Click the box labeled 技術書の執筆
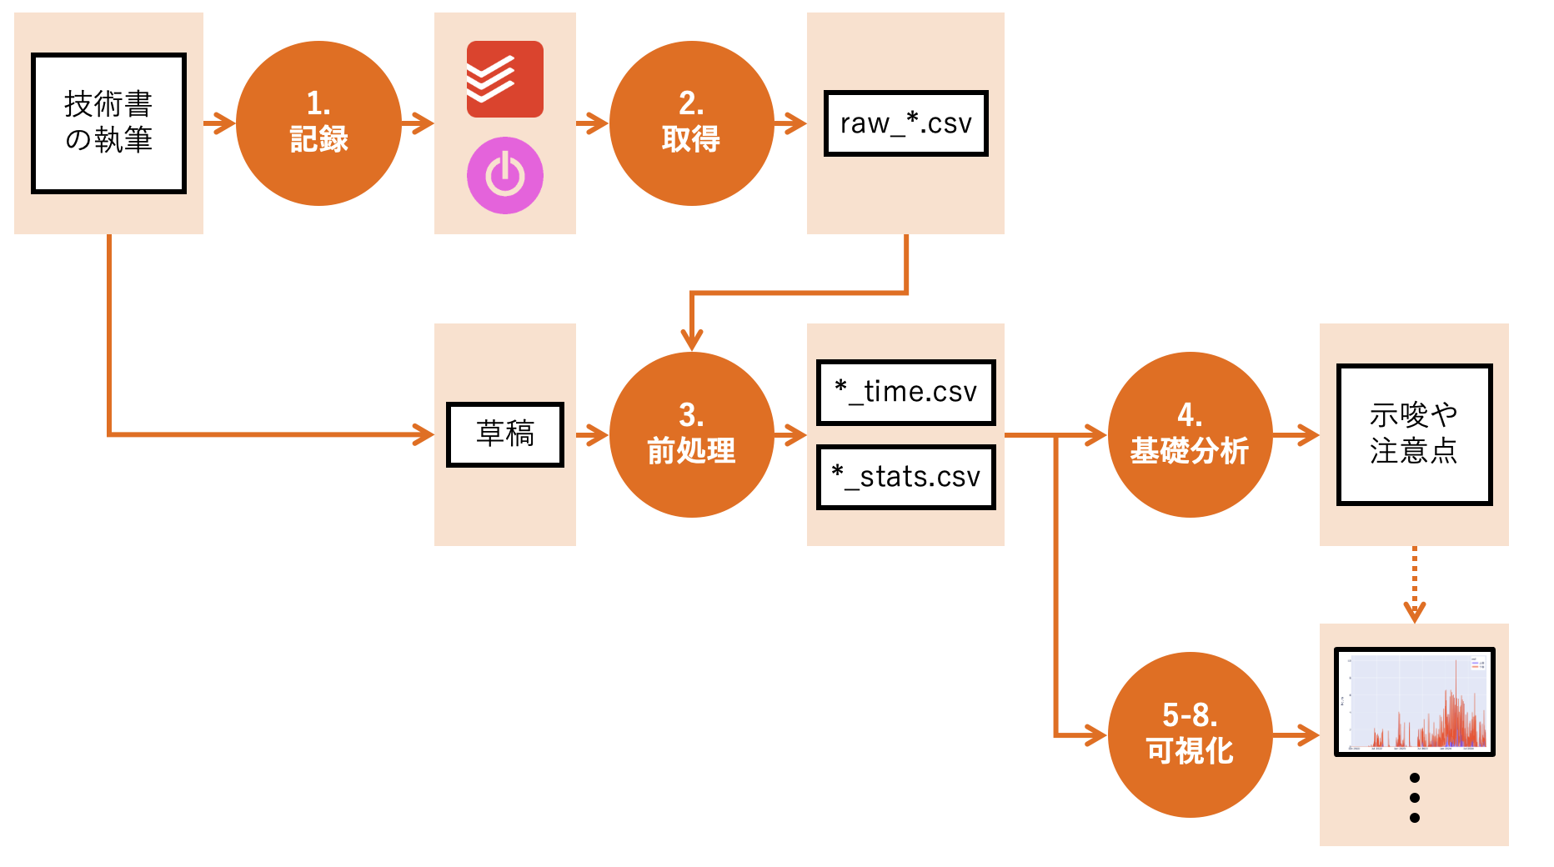[x=108, y=123]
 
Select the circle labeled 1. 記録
[x=318, y=123]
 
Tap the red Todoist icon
[x=504, y=79]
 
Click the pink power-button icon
[x=504, y=176]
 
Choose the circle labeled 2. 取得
[x=691, y=123]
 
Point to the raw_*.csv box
[x=905, y=123]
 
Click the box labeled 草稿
[x=504, y=434]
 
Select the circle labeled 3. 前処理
[x=691, y=434]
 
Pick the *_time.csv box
[x=905, y=392]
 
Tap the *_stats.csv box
[x=905, y=477]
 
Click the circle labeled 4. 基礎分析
[x=1190, y=434]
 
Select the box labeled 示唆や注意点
[x=1414, y=434]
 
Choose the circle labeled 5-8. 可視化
[x=1190, y=734]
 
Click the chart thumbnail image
[x=1414, y=702]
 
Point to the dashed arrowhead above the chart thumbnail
[x=1414, y=613]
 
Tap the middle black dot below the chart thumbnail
[x=1414, y=798]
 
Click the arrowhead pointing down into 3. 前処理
[x=691, y=340]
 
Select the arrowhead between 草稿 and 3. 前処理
[x=598, y=434]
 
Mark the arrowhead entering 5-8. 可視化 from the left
[x=1095, y=734]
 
